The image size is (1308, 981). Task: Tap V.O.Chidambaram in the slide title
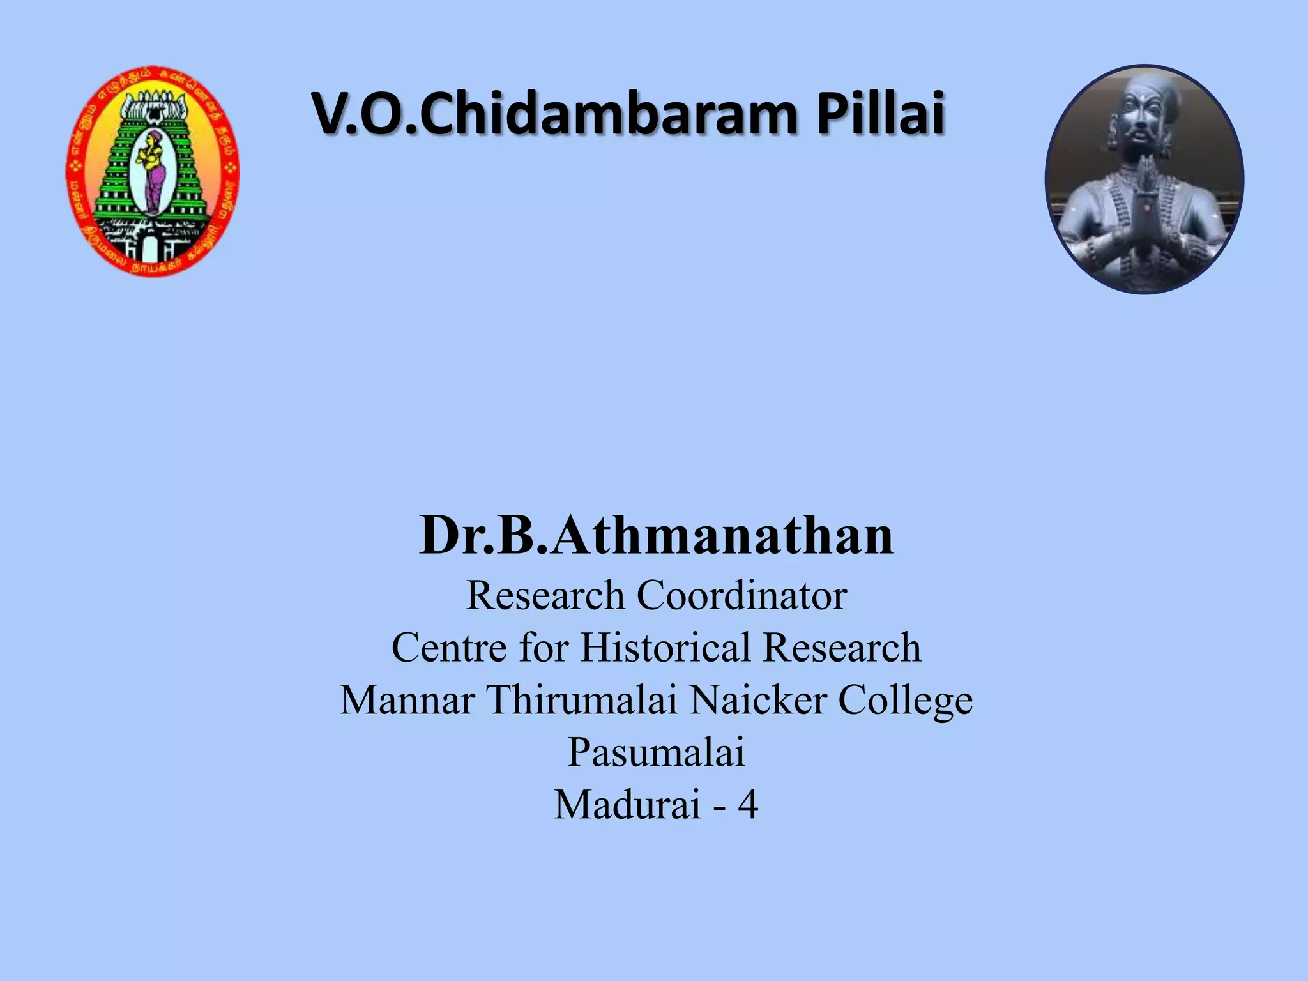[x=556, y=115]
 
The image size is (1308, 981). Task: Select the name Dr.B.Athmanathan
[x=656, y=536]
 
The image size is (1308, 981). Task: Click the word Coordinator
[x=741, y=596]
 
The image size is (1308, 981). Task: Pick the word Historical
[x=665, y=648]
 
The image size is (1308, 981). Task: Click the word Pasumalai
[x=656, y=753]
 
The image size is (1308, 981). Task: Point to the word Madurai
[x=628, y=805]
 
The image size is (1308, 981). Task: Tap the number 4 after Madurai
[x=748, y=805]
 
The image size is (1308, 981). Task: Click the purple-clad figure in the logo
[x=153, y=172]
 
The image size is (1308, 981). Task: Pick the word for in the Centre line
[x=543, y=648]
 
